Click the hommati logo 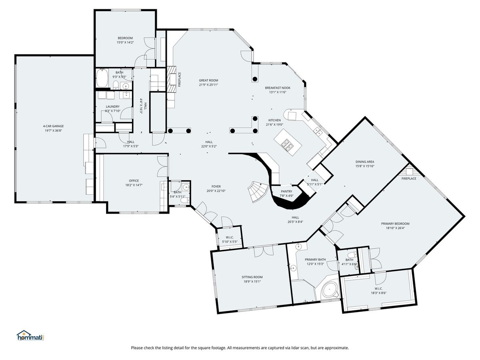point(30,336)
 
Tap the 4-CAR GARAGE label point(53,126)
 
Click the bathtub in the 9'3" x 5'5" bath point(102,78)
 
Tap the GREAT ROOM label point(208,80)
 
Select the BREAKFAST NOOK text point(278,88)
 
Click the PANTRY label point(286,192)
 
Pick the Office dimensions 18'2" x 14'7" point(134,185)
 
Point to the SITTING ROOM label point(252,277)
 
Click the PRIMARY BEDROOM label point(395,224)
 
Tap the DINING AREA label point(365,162)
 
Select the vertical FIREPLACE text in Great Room point(180,80)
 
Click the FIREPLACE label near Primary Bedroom point(409,178)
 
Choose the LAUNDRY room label point(113,107)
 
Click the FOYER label point(216,186)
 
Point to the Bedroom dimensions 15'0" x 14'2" point(125,42)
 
